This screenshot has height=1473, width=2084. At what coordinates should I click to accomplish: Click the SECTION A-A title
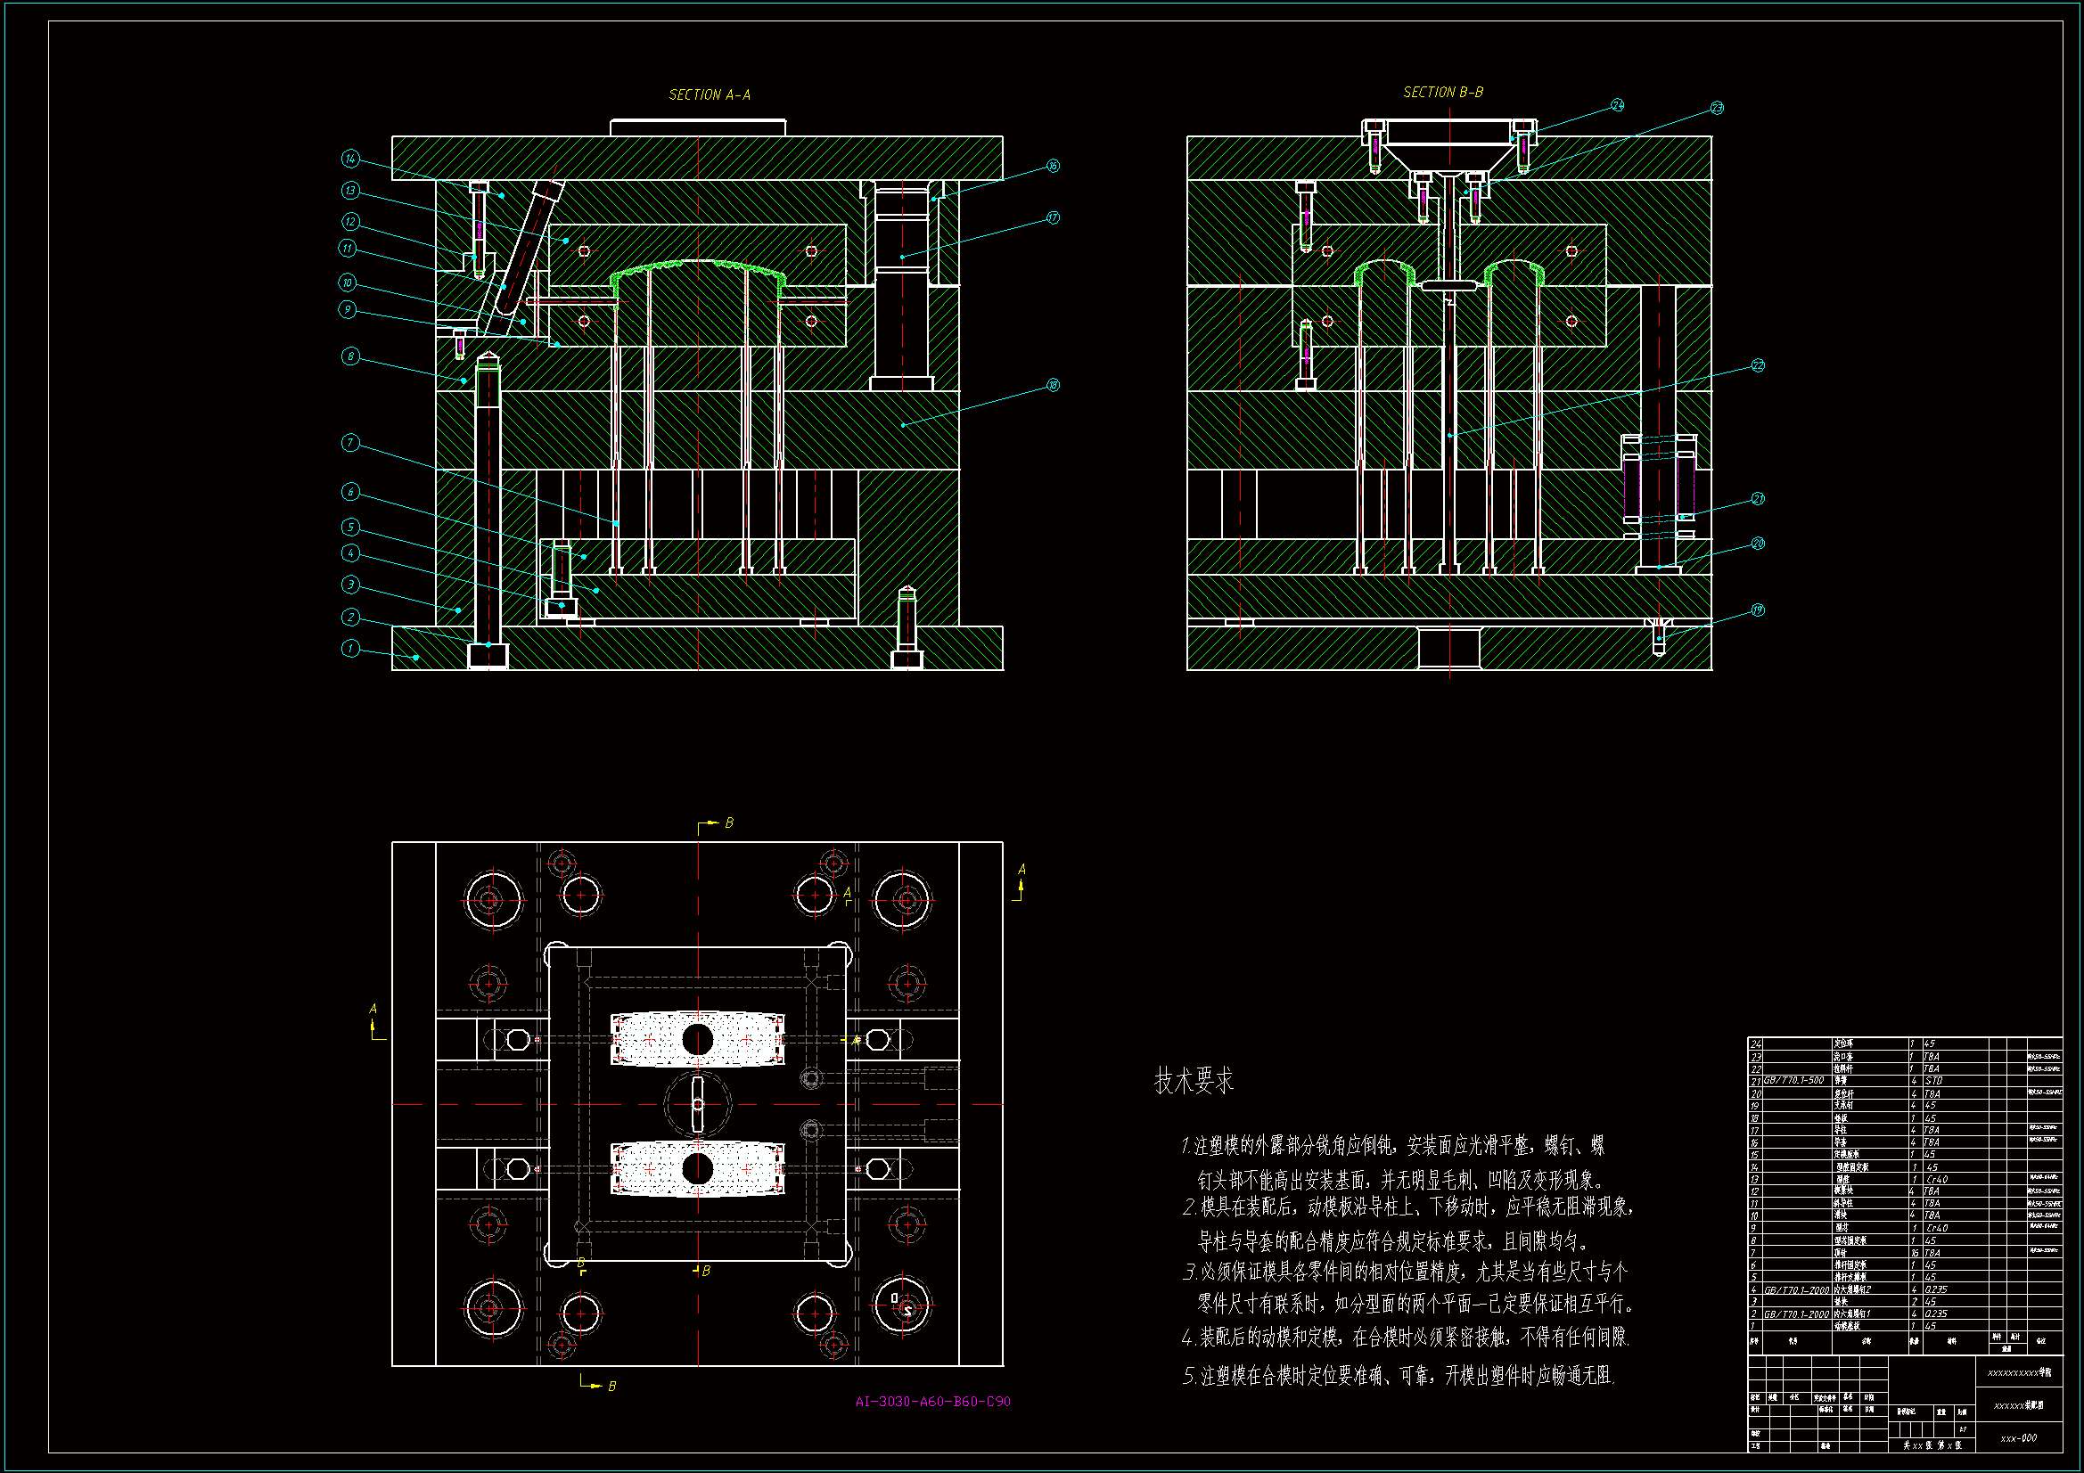tap(709, 94)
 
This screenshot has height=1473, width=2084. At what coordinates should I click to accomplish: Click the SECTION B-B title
tap(1442, 92)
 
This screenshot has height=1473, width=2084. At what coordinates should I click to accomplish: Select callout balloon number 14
tap(350, 159)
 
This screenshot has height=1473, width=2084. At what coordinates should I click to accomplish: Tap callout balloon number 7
tap(350, 443)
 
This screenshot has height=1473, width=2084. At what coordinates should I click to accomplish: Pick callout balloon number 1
tap(350, 648)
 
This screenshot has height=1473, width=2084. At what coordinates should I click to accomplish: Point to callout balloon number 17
tap(1053, 217)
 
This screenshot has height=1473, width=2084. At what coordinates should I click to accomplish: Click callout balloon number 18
tap(1053, 385)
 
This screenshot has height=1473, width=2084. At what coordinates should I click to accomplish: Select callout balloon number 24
tap(1618, 105)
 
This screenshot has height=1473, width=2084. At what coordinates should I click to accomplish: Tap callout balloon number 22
tap(1758, 365)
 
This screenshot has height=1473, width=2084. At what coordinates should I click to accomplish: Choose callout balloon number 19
tap(1758, 610)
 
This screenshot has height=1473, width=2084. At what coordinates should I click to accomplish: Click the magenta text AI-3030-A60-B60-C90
tap(932, 1402)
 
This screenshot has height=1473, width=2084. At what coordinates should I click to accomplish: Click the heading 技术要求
tap(1194, 1081)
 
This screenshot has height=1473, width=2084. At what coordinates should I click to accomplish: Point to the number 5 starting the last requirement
tap(1188, 1376)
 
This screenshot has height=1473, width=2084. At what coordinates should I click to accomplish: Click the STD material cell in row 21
tap(1933, 1081)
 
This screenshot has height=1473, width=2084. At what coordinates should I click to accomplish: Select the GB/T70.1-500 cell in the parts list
tap(1793, 1081)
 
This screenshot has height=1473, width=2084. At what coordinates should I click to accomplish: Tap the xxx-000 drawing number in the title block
tap(2019, 1438)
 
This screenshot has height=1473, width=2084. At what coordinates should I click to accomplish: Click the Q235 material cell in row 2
tap(1935, 1313)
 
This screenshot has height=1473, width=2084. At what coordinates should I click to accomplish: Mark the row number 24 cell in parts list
tap(1755, 1044)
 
